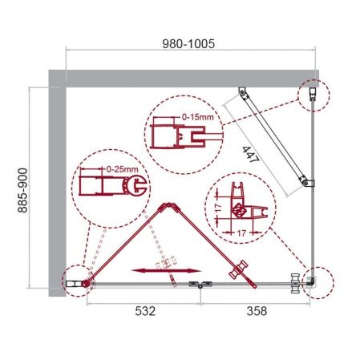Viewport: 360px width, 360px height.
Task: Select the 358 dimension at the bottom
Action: (255, 309)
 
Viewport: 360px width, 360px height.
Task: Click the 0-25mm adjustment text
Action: (119, 170)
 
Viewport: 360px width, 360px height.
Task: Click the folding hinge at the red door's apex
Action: (166, 204)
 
